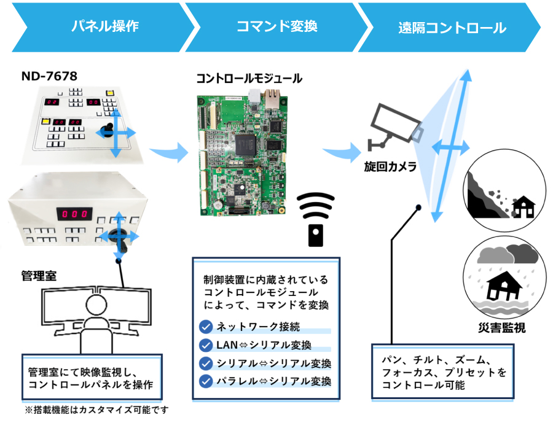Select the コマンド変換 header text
click(276, 26)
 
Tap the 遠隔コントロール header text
click(452, 28)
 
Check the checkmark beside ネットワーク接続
click(206, 327)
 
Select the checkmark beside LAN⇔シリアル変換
click(206, 345)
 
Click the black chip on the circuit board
click(245, 144)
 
